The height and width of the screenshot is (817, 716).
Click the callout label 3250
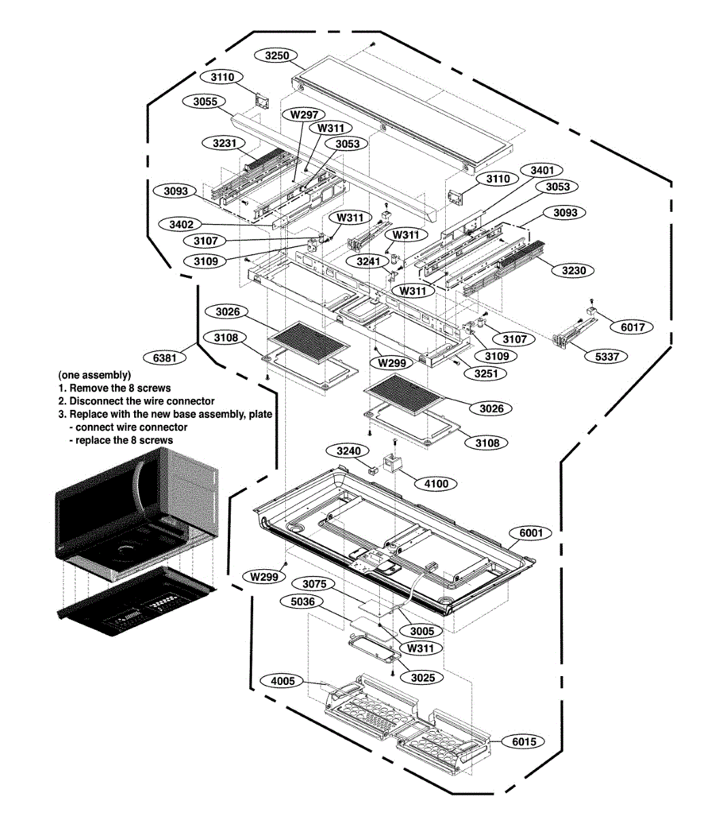coord(277,55)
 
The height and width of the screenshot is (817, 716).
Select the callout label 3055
coord(206,101)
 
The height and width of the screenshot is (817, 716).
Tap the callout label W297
coord(304,114)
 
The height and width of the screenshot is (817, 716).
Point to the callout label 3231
coord(225,143)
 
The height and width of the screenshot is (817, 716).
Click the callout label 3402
coord(182,224)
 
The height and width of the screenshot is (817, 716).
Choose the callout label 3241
coord(368,261)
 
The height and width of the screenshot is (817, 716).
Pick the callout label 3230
coord(574,270)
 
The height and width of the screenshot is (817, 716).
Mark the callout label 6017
coord(632,327)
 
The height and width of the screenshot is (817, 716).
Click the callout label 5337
coord(607,356)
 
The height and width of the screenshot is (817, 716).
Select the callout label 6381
coord(165,357)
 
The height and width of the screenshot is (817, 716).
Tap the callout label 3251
coord(486,373)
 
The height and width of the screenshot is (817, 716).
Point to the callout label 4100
coord(436,483)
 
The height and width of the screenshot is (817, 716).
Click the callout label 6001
coord(531,532)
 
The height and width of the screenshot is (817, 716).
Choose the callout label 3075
coord(314,583)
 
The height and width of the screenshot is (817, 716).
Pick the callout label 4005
coord(282,681)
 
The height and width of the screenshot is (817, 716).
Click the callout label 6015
coord(524,741)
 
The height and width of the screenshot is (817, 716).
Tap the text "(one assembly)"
coord(95,375)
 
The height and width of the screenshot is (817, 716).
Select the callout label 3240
coord(348,451)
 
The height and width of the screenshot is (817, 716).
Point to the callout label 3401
coord(542,170)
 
